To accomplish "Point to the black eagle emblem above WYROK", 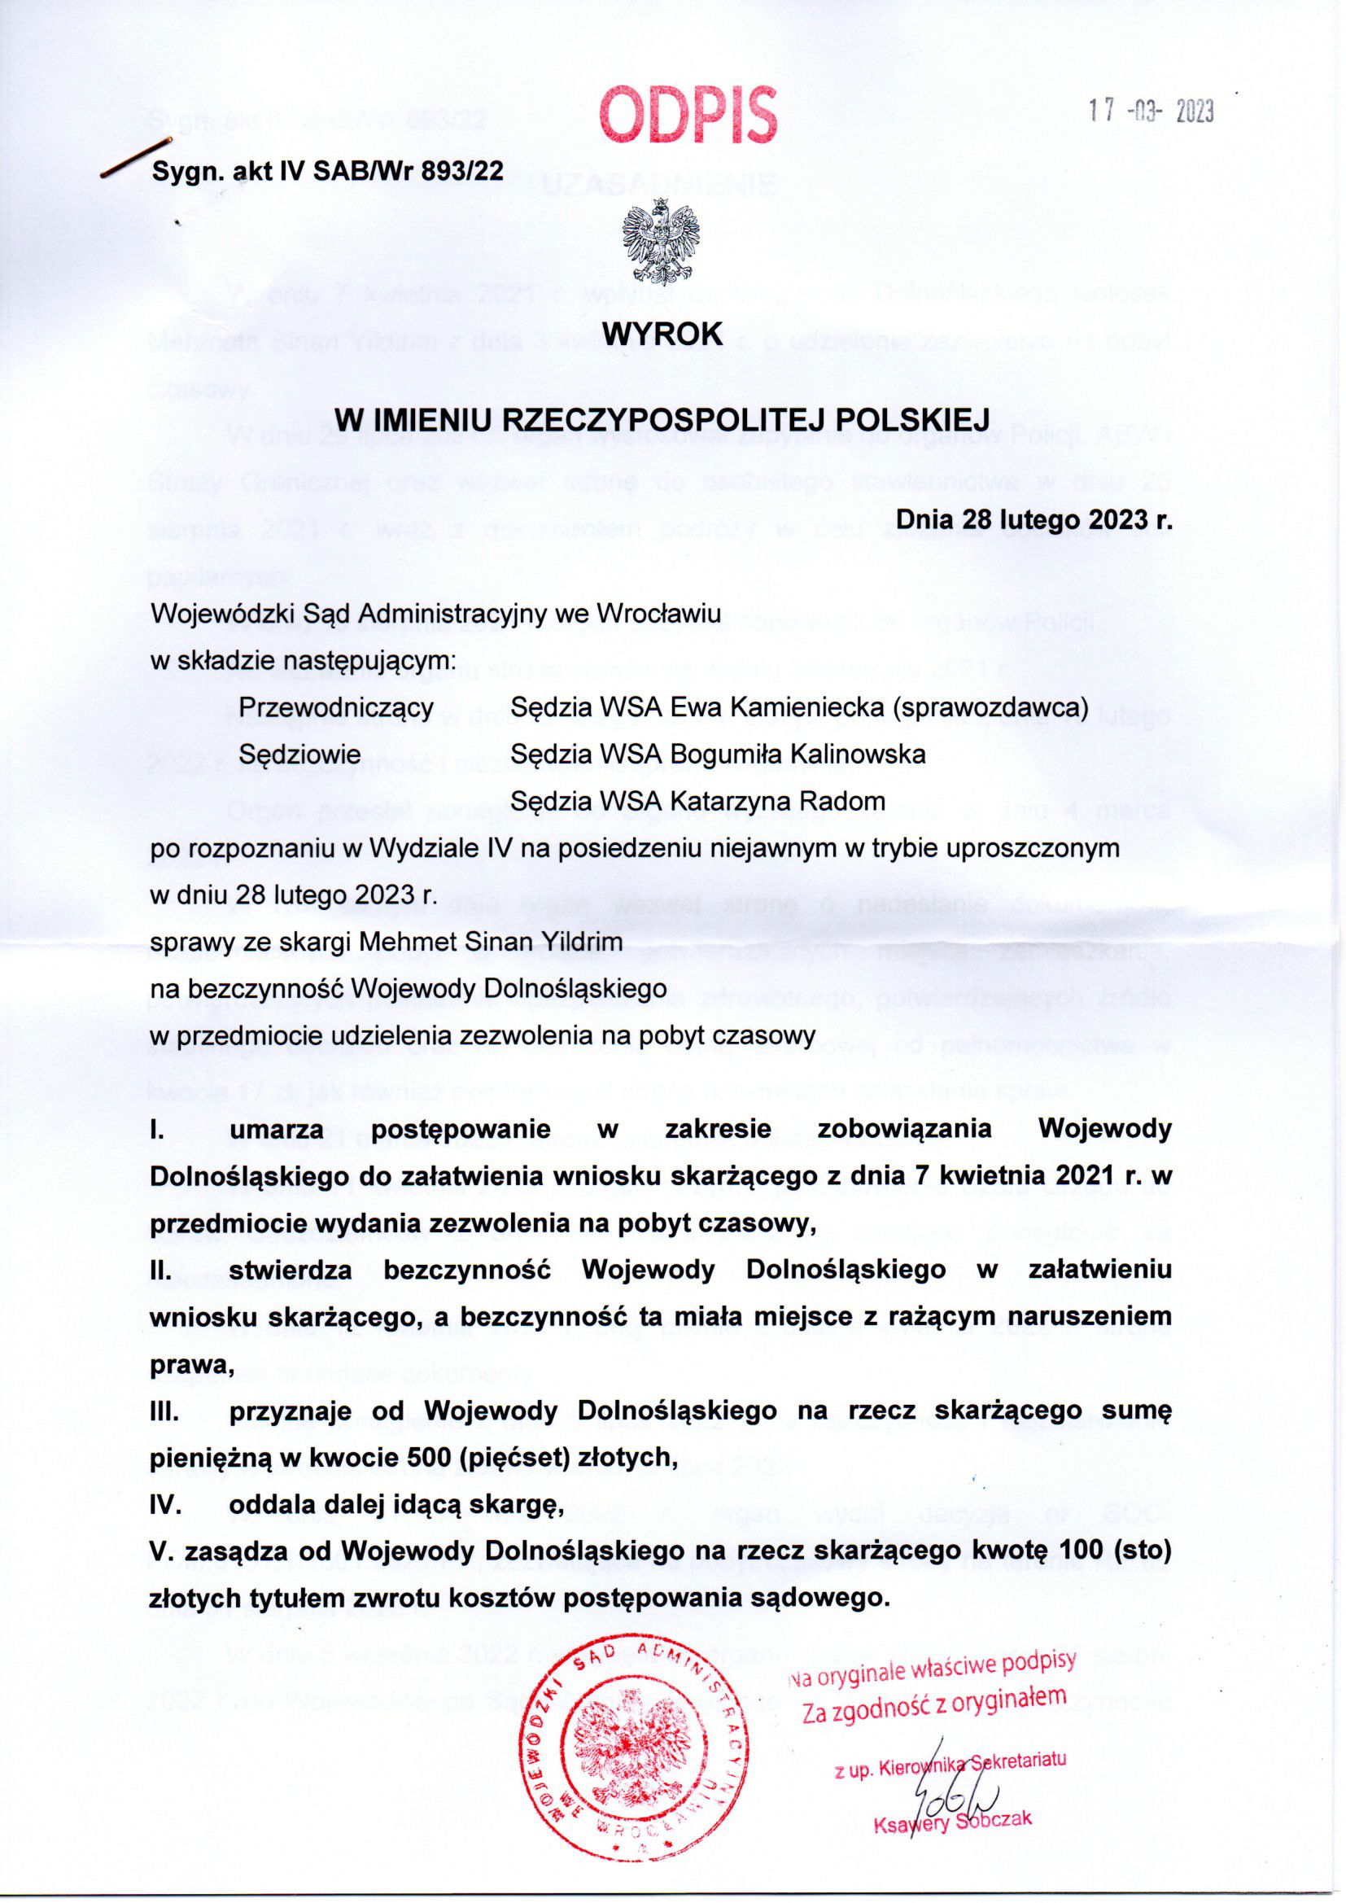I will coord(662,246).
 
